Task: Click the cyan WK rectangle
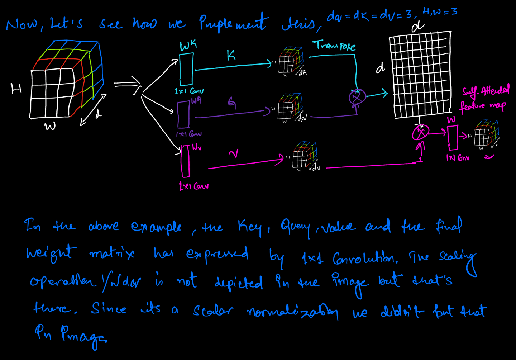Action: click(x=186, y=69)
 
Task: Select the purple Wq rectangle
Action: click(x=184, y=114)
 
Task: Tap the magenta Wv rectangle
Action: click(x=185, y=161)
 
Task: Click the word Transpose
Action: click(x=334, y=46)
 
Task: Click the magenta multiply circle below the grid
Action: click(x=420, y=133)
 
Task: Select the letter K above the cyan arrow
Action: click(x=231, y=55)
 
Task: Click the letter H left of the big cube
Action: click(x=16, y=89)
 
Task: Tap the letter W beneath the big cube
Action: click(x=50, y=126)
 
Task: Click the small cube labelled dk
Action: click(x=290, y=60)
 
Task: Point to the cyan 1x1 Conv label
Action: click(x=189, y=91)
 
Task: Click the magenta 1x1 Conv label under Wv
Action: click(x=193, y=186)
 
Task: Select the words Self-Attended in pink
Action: click(x=486, y=91)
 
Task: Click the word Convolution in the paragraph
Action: click(x=365, y=258)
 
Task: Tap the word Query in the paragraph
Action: click(x=295, y=227)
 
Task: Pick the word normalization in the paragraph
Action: click(x=292, y=312)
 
